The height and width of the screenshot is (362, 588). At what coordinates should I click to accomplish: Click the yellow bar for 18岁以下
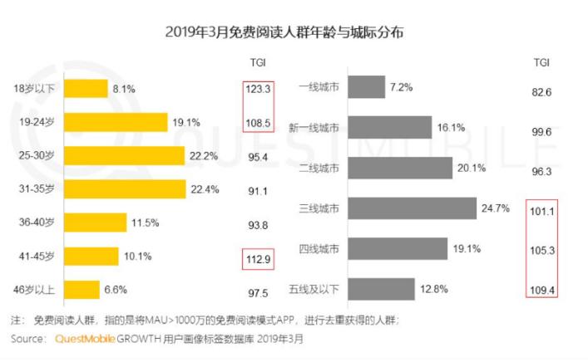tap(86, 88)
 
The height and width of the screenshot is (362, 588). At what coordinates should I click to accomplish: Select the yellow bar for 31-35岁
tap(125, 188)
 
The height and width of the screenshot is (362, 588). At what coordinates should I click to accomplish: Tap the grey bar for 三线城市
tap(412, 208)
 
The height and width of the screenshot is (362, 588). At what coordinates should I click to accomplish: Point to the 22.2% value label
tap(204, 155)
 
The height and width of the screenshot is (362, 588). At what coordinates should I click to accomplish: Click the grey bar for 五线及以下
tap(381, 288)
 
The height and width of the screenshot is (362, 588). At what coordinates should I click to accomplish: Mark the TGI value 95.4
tap(257, 155)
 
